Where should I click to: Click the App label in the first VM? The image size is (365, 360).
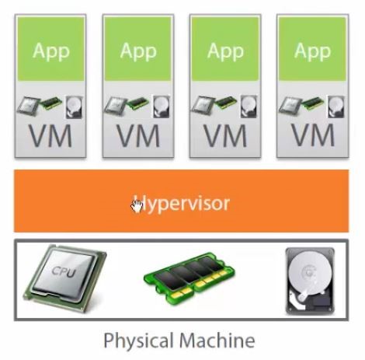(51, 52)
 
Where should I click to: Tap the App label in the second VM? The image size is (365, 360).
(138, 52)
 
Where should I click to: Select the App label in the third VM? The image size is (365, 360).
(226, 52)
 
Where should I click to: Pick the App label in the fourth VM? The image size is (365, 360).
(313, 52)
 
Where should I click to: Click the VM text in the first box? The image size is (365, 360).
(50, 136)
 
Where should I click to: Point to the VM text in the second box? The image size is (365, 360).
(138, 136)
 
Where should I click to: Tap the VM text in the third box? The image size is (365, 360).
(226, 136)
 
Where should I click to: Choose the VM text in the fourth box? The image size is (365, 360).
(313, 136)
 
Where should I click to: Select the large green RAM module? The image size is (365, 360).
(189, 279)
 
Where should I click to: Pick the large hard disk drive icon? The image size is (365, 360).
(310, 281)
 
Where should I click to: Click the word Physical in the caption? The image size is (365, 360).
(138, 341)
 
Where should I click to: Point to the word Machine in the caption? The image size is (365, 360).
(217, 341)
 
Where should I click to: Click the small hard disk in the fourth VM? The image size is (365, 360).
(336, 107)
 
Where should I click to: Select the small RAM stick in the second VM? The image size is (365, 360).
(138, 103)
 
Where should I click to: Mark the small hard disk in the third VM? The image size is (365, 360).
(249, 107)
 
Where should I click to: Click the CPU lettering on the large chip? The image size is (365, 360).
(64, 271)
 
